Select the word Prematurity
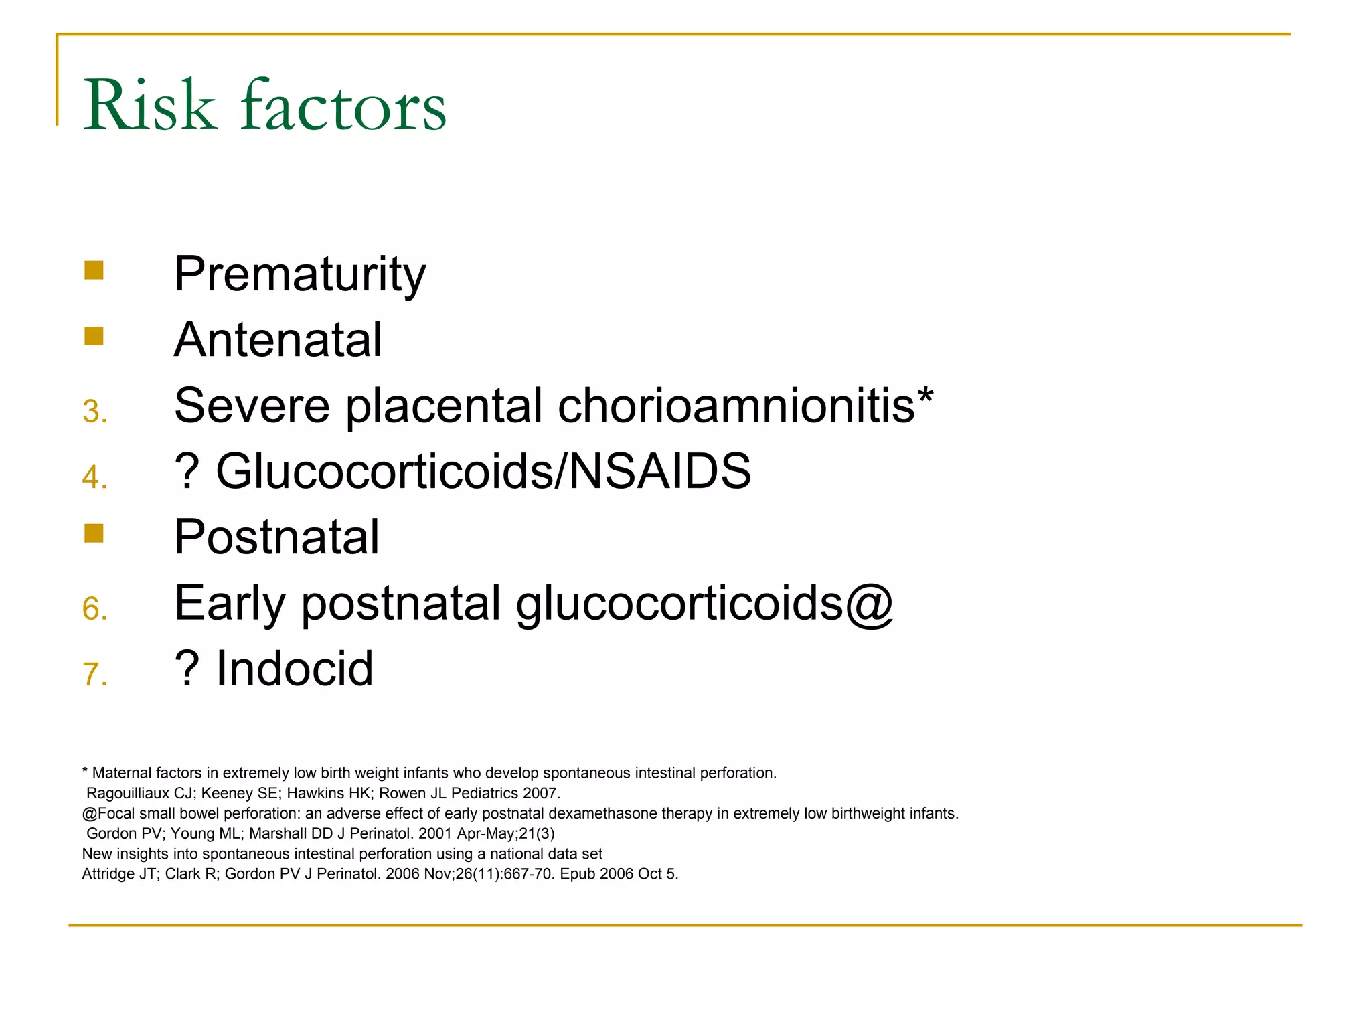(x=299, y=274)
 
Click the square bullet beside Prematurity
(x=94, y=270)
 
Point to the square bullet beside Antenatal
(x=94, y=336)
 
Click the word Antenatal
(x=278, y=339)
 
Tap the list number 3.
(x=94, y=411)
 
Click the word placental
(x=444, y=406)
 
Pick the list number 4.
(x=94, y=477)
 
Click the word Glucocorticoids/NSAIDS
(x=483, y=471)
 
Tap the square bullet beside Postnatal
(x=94, y=533)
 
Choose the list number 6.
(x=94, y=608)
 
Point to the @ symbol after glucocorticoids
(x=869, y=604)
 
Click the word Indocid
(x=295, y=669)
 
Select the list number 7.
(x=94, y=674)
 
